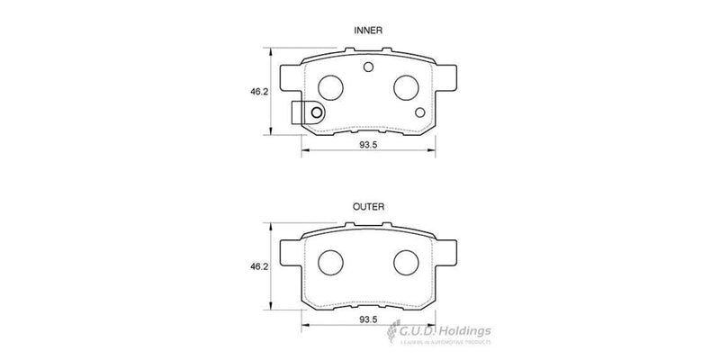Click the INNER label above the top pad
pyautogui.click(x=369, y=31)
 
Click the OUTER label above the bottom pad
pyautogui.click(x=369, y=207)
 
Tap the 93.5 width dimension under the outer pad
pyautogui.click(x=369, y=319)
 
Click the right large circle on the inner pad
pyautogui.click(x=406, y=85)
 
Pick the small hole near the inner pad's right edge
pyautogui.click(x=421, y=112)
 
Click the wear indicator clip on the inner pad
pyautogui.click(x=307, y=113)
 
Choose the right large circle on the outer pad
pyautogui.click(x=406, y=262)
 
